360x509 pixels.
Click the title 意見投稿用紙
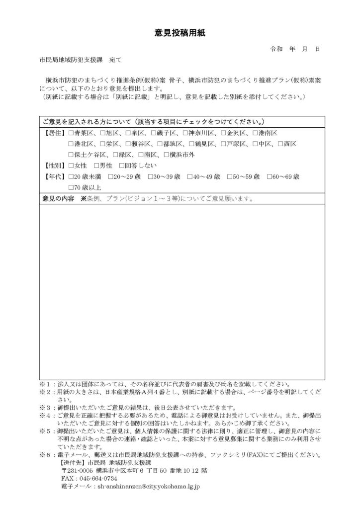pos(180,33)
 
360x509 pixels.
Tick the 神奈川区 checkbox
pos(185,133)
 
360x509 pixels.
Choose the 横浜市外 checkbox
pos(167,155)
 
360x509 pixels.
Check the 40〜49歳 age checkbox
pos(192,176)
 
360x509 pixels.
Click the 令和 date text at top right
pos(276,50)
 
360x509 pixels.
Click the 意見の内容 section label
pos(59,199)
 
